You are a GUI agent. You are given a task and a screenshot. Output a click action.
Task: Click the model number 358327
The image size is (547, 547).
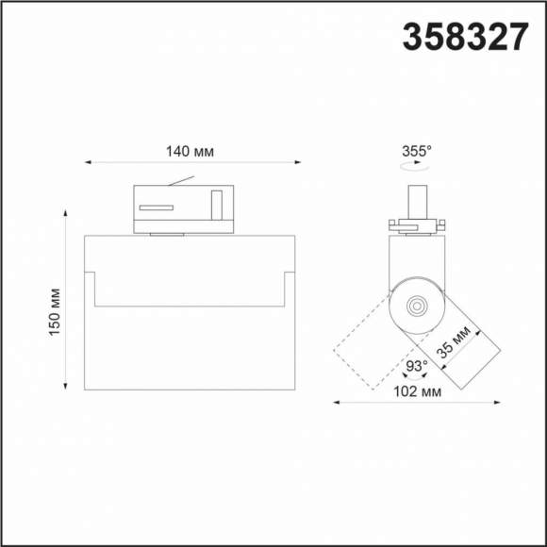(x=465, y=37)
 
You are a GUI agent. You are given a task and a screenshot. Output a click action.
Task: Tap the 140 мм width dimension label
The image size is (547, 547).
(x=190, y=151)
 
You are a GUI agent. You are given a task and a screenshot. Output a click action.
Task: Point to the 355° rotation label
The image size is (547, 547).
(x=416, y=150)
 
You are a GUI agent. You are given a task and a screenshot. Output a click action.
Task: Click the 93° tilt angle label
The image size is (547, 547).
(x=416, y=365)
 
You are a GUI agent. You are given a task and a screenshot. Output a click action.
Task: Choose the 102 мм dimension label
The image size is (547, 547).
(x=415, y=390)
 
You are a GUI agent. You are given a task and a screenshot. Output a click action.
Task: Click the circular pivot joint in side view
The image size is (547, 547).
(x=415, y=305)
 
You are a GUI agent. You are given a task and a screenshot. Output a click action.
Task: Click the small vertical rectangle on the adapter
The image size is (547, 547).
(x=217, y=205)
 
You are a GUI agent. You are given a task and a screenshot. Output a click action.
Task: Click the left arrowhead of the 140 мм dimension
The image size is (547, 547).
(x=88, y=162)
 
